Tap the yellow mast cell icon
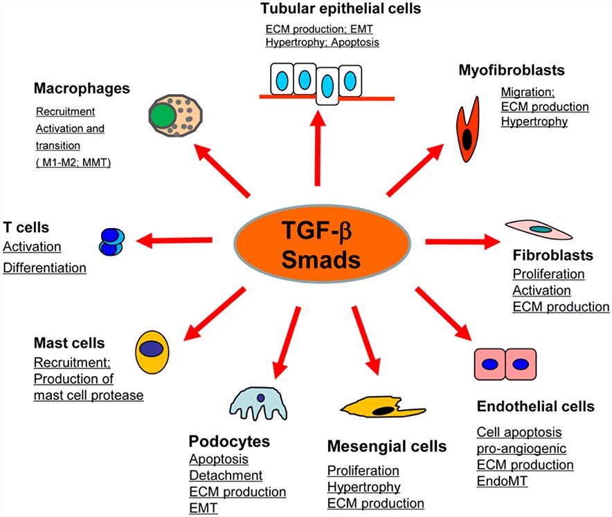[152, 351]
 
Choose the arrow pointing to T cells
[173, 240]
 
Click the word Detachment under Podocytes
[226, 475]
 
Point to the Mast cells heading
[69, 343]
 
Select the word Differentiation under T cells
[45, 267]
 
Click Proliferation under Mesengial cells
[363, 471]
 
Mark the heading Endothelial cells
[535, 406]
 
